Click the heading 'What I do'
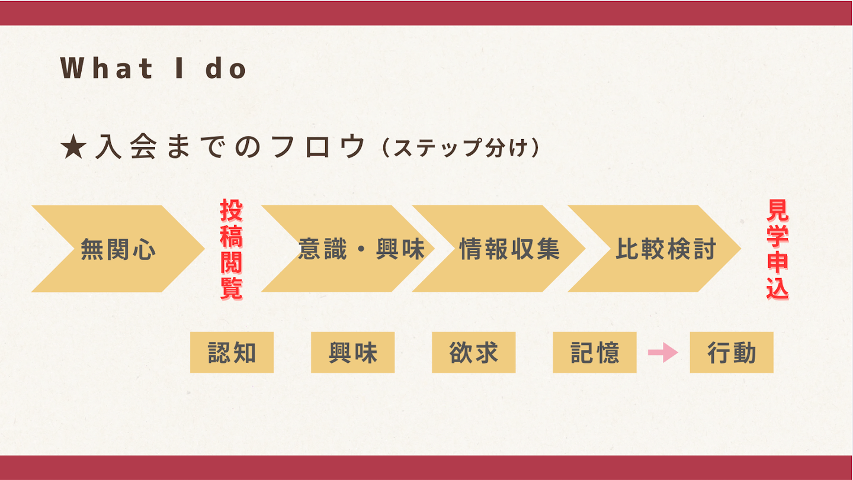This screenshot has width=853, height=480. [153, 69]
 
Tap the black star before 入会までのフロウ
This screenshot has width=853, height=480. [73, 148]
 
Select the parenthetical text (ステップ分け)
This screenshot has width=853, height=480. [460, 149]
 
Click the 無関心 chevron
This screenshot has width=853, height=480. [118, 249]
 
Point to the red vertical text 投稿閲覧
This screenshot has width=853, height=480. [231, 249]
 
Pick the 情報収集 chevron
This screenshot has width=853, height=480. [504, 249]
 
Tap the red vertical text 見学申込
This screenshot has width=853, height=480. [777, 249]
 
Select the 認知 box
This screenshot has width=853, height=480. [232, 353]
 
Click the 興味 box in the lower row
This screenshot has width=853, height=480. [353, 353]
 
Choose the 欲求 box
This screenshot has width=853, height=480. [473, 353]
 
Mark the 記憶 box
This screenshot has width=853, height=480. [594, 353]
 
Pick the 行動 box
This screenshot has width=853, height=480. [732, 353]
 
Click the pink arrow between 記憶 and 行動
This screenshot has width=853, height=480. [663, 353]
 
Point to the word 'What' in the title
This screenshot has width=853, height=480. [107, 69]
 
